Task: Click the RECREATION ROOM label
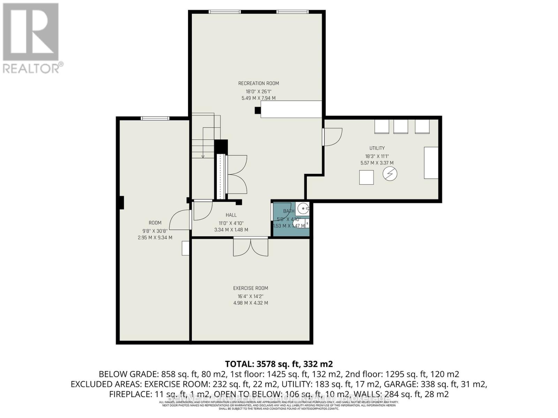(258, 83)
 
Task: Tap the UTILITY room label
(377, 148)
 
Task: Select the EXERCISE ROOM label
(250, 288)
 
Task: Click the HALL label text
(231, 215)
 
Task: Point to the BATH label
(288, 211)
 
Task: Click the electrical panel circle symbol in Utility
(390, 174)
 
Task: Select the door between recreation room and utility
(331, 136)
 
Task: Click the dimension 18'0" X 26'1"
(258, 91)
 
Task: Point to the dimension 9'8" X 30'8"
(155, 231)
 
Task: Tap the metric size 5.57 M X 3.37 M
(377, 163)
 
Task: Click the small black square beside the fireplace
(258, 110)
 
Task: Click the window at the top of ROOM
(155, 118)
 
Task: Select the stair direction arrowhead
(203, 156)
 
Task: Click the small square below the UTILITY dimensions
(367, 177)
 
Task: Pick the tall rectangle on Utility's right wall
(431, 163)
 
